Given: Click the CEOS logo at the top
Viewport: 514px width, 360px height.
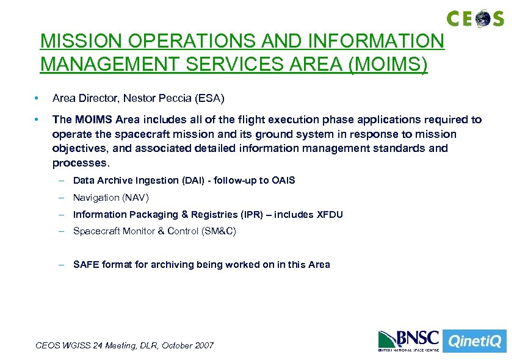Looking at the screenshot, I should pyautogui.click(x=476, y=18).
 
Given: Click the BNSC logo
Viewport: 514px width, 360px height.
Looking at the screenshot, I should pyautogui.click(x=408, y=340).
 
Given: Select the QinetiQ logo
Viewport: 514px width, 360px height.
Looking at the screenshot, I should pyautogui.click(x=474, y=340).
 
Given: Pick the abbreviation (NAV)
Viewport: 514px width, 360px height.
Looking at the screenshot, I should pyautogui.click(x=136, y=197).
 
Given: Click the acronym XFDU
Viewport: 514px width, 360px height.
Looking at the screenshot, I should pyautogui.click(x=330, y=214).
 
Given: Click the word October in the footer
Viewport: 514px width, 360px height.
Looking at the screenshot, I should pyautogui.click(x=173, y=345).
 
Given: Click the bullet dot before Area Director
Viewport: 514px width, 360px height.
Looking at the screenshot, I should pyautogui.click(x=37, y=98).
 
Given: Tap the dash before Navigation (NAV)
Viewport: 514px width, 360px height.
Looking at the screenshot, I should pyautogui.click(x=62, y=197).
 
